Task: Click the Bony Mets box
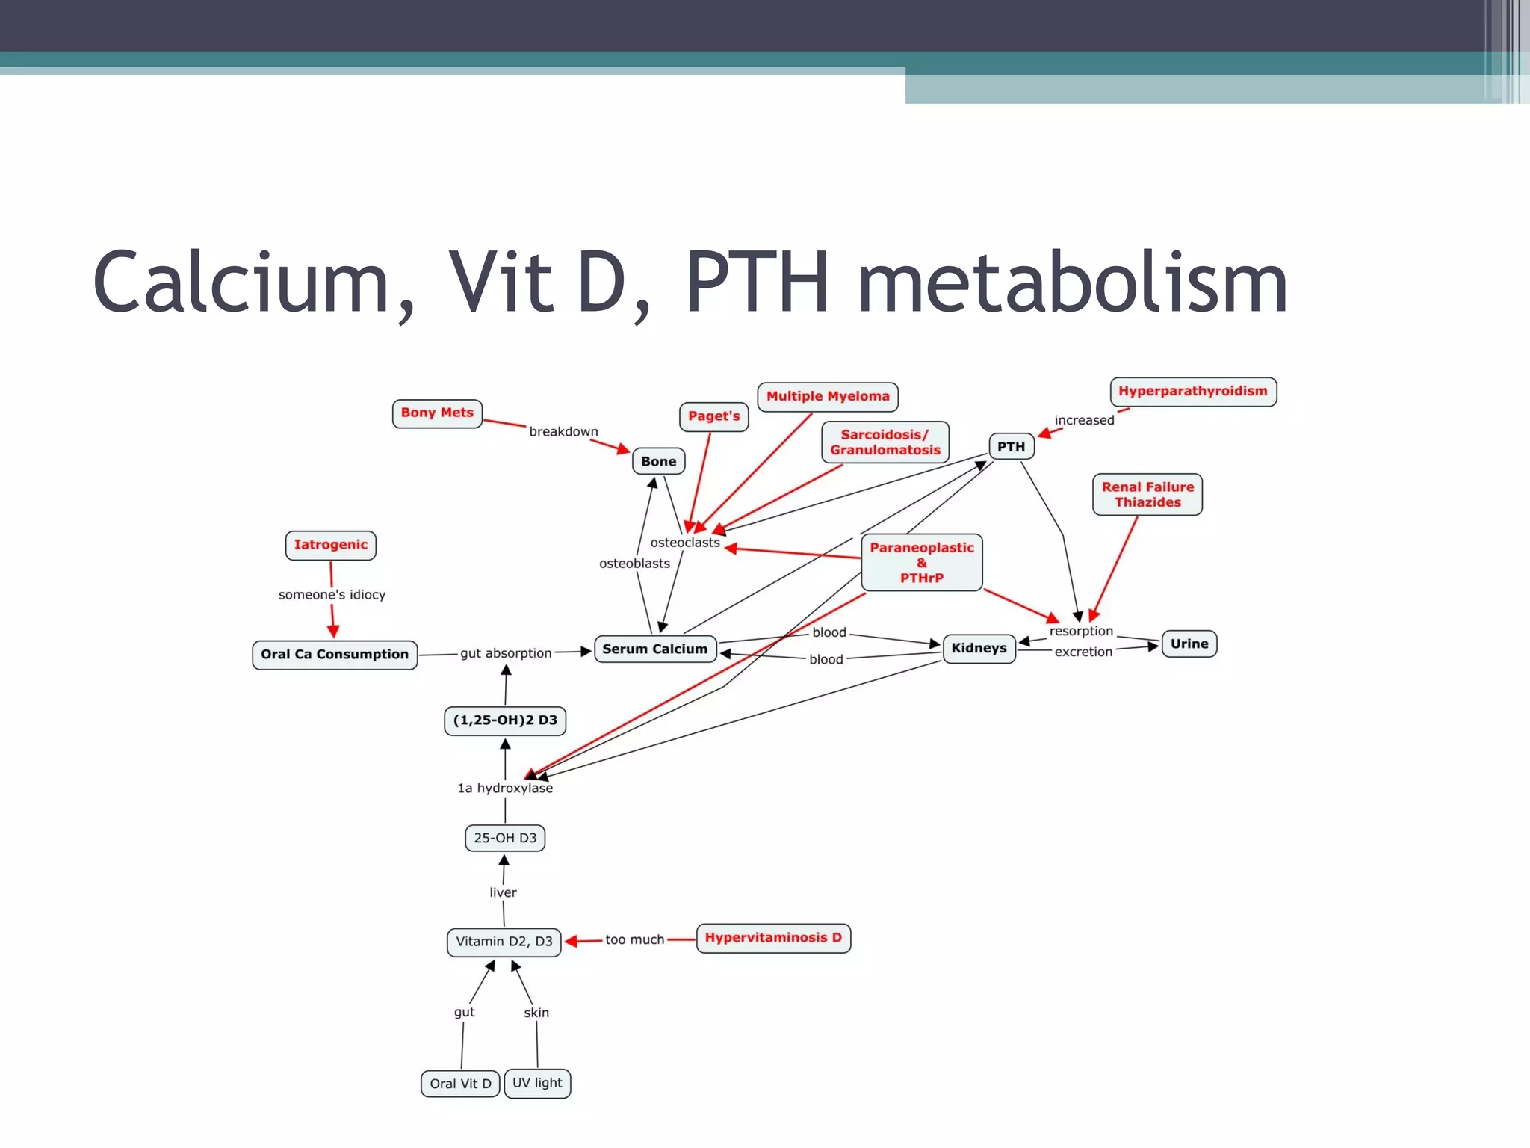[x=437, y=413]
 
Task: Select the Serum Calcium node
[x=655, y=649]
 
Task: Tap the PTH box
[x=1011, y=446]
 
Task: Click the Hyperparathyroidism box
[x=1192, y=392]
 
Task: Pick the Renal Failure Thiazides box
[x=1147, y=495]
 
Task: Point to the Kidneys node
[x=979, y=648]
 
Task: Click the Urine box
[x=1189, y=644]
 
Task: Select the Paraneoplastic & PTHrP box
[x=921, y=563]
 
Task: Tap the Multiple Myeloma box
[x=828, y=396]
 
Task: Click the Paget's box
[x=713, y=416]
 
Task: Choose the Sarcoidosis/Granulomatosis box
[x=885, y=442]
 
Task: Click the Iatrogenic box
[x=330, y=545]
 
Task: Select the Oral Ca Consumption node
[x=335, y=655]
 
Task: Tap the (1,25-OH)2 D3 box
[x=505, y=720]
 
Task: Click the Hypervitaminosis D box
[x=773, y=938]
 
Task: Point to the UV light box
[x=537, y=1083]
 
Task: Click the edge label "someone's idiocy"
[x=332, y=595]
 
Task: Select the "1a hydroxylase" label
[x=505, y=788]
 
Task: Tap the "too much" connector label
[x=634, y=939]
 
